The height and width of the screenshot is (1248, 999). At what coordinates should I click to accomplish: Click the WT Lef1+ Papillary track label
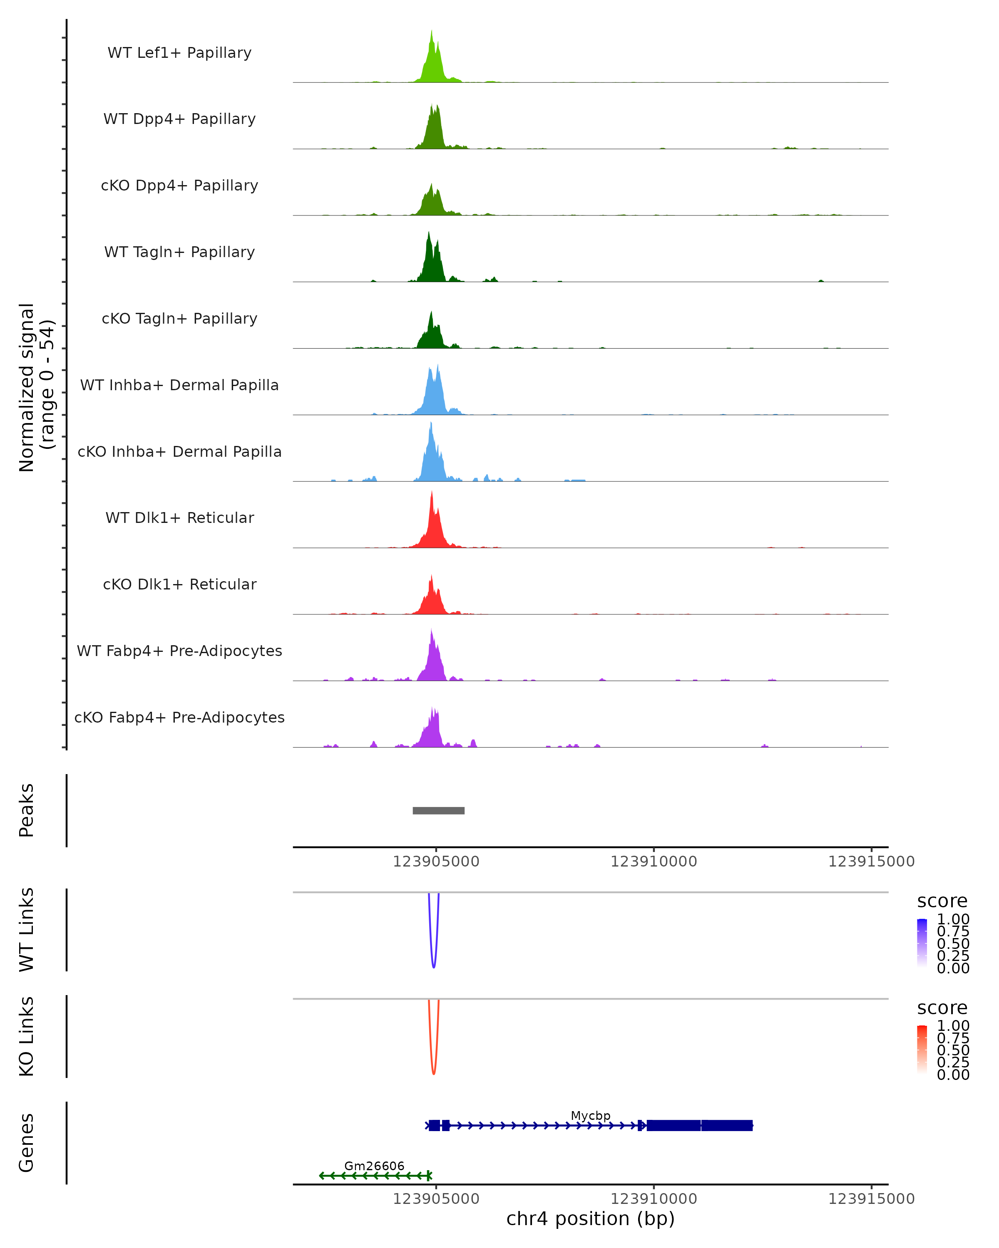pyautogui.click(x=179, y=53)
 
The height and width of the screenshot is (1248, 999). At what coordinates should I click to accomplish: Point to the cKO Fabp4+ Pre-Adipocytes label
pyautogui.click(x=179, y=717)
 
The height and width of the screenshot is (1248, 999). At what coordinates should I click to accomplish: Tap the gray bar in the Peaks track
pyautogui.click(x=438, y=810)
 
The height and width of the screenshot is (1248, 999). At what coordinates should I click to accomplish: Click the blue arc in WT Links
pyautogui.click(x=434, y=964)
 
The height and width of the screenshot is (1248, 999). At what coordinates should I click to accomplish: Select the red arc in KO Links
pyautogui.click(x=434, y=1071)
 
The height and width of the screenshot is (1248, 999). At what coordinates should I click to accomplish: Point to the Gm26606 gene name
pyautogui.click(x=374, y=1166)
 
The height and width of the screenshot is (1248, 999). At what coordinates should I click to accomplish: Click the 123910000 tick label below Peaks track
pyautogui.click(x=654, y=862)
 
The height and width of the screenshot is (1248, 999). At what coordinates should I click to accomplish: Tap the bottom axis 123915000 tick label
pyautogui.click(x=871, y=1199)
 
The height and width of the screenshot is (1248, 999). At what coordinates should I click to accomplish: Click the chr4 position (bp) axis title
pyautogui.click(x=590, y=1218)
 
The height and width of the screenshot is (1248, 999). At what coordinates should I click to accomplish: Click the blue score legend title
pyautogui.click(x=942, y=901)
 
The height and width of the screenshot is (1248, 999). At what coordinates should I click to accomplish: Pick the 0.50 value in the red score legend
pyautogui.click(x=953, y=1050)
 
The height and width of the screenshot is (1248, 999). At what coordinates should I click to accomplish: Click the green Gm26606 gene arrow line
pyautogui.click(x=374, y=1176)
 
